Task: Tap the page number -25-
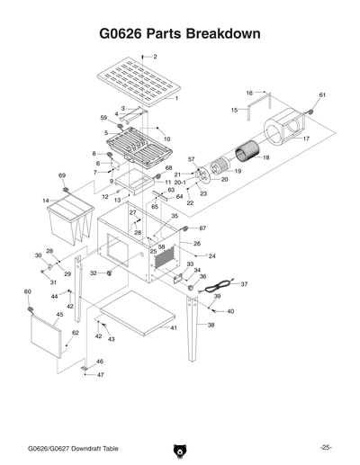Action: [325, 447]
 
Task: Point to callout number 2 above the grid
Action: [155, 57]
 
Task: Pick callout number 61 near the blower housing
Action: [322, 95]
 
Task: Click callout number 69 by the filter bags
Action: [62, 175]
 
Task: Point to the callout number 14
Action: [45, 201]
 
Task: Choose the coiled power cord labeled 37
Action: [215, 288]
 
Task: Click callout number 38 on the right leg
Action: [211, 325]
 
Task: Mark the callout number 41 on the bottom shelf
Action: [174, 328]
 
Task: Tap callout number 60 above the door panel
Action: [28, 292]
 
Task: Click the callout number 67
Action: [202, 228]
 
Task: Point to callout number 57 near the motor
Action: [191, 159]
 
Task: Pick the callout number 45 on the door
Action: [59, 315]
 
